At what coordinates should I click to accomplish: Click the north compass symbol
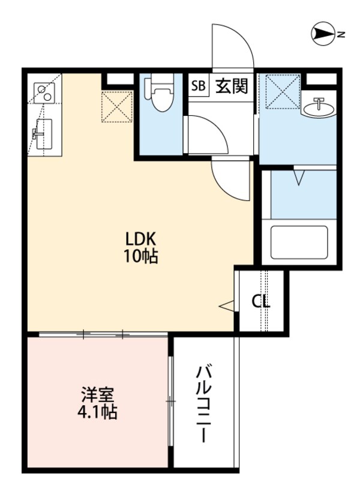tap(325, 34)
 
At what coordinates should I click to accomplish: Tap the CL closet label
tap(260, 301)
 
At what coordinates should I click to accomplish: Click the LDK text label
tap(142, 238)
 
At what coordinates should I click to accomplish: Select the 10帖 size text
tap(142, 256)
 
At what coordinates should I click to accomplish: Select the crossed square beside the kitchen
tap(116, 106)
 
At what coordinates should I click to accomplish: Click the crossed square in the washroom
tap(283, 89)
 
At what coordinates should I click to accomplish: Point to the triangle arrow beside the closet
tap(226, 307)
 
